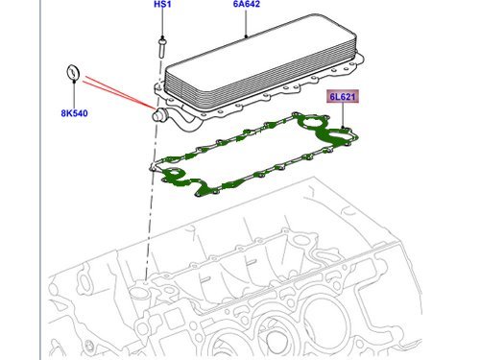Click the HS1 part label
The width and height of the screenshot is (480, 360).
[x=161, y=6]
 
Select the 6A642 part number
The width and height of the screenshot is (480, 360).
[x=246, y=6]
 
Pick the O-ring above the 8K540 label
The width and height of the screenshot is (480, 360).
[x=70, y=73]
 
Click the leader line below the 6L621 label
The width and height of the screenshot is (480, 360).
[x=343, y=115]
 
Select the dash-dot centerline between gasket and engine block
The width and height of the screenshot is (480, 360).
[x=147, y=221]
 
